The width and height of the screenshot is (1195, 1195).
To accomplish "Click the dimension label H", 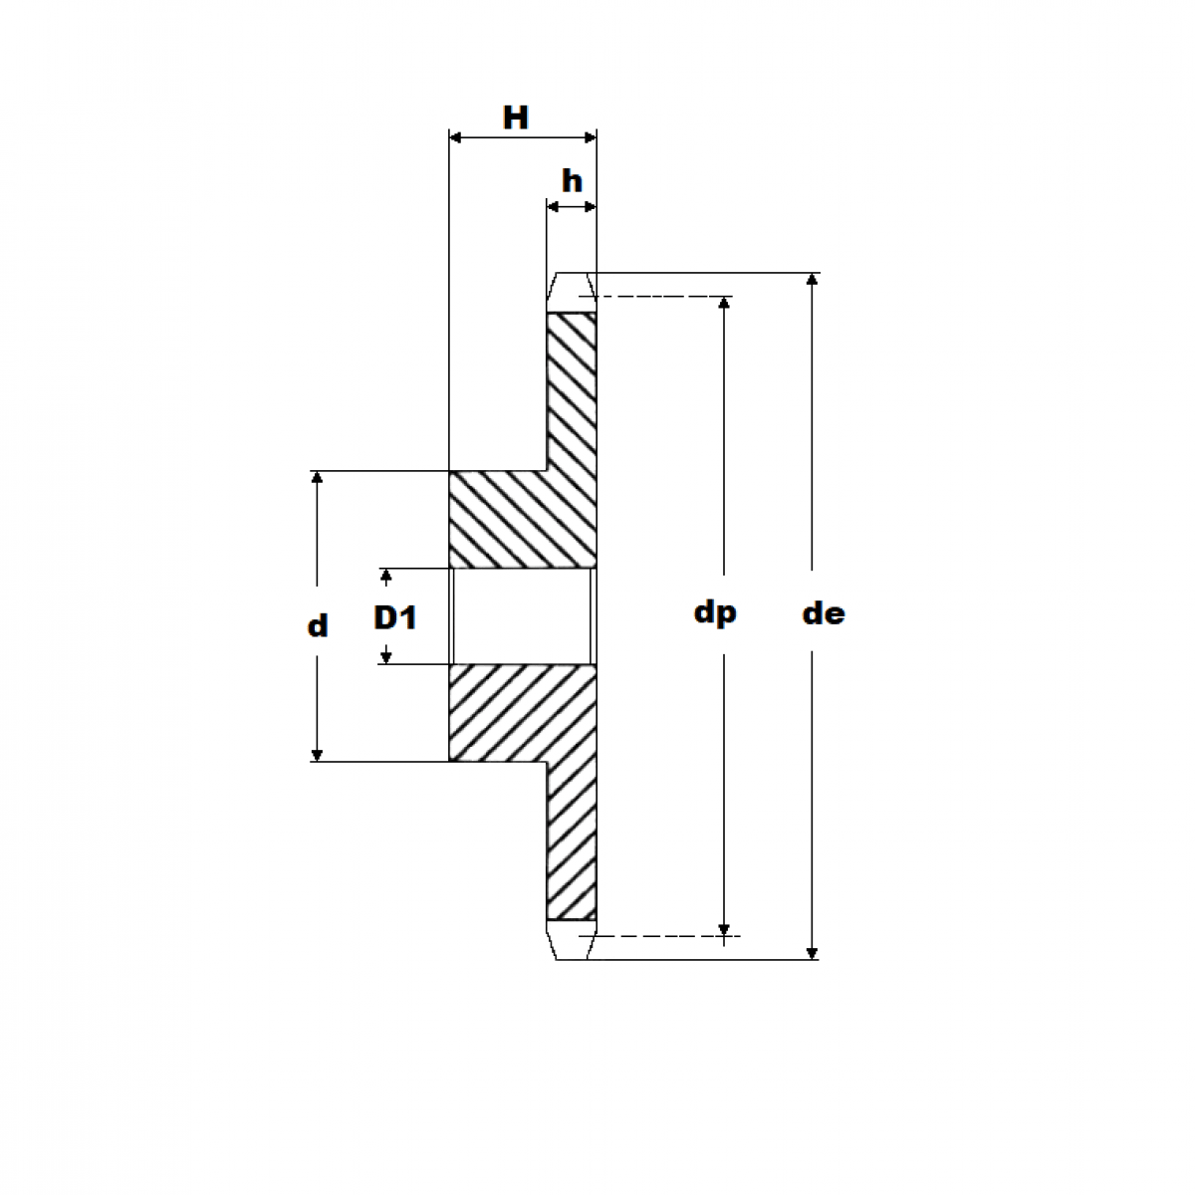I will point(515,119).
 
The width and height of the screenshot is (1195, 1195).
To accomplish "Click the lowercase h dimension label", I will point(572,182).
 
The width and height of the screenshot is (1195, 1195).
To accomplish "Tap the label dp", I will point(715,612).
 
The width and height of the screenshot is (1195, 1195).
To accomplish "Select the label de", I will point(824,613).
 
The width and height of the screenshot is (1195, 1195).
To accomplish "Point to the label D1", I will point(394,617).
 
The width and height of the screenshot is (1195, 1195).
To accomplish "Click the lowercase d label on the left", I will point(317,626).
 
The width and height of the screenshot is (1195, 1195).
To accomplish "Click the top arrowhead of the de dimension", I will point(813,280).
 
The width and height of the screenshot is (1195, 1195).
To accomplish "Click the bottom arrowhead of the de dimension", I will point(813,952).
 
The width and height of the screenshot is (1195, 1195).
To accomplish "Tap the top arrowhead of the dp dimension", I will point(724,304).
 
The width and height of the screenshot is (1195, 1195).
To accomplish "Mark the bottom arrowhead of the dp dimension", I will point(724,928).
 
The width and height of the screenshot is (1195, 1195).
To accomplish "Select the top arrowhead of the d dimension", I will point(317,479).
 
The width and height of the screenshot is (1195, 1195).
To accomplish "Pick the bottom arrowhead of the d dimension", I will point(317,754).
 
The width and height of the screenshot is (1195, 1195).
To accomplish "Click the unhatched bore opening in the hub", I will point(522,616).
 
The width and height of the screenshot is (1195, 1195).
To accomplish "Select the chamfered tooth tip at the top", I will point(572,292).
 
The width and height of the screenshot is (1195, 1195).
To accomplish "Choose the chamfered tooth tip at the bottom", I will point(572,941).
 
